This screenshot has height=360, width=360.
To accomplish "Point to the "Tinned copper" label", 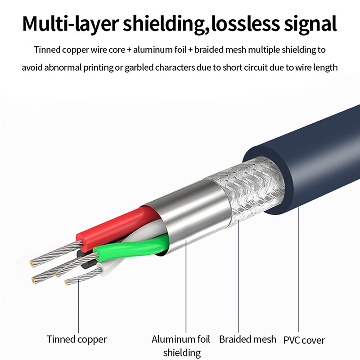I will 77,339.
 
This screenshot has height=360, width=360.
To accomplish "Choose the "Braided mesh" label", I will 247,339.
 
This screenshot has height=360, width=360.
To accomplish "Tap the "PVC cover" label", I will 304,340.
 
